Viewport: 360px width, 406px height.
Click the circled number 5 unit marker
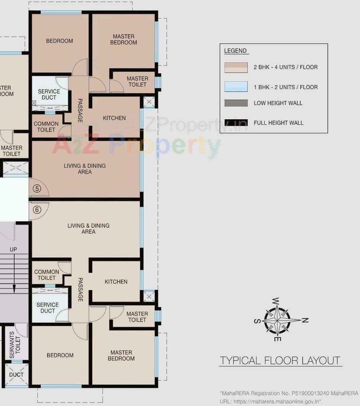point(37,188)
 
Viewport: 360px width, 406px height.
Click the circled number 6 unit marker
point(37,210)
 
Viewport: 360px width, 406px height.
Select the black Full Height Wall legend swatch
point(236,123)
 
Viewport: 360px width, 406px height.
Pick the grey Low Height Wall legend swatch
point(236,103)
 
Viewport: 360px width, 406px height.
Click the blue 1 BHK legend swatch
point(236,87)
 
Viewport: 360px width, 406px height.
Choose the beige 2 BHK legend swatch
point(236,67)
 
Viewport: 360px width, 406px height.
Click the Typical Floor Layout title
point(280,360)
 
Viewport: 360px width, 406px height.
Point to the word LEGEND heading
point(235,51)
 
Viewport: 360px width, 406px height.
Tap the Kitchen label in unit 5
point(114,118)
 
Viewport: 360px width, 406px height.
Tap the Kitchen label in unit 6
point(116,282)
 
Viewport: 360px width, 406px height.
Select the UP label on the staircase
point(13,249)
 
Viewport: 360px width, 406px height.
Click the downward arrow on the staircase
point(14,289)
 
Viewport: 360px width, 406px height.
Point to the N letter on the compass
point(305,320)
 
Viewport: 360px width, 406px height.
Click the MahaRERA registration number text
point(289,393)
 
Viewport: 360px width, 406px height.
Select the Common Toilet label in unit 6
point(46,275)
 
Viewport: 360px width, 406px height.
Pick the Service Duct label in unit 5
point(49,94)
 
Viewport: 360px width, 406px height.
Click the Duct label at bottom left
point(16,374)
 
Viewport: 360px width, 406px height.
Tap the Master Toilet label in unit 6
point(137,317)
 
